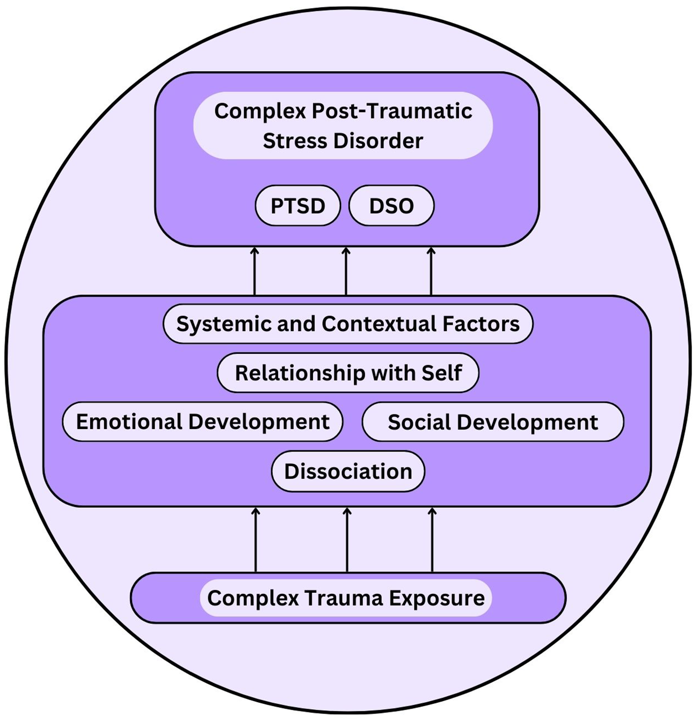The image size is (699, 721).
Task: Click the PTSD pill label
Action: tap(297, 206)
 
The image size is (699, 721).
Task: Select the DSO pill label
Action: tap(391, 206)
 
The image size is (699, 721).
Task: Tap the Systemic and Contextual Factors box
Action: tap(348, 324)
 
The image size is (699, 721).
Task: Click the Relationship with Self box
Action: tap(348, 373)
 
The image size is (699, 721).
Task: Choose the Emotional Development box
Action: tap(202, 421)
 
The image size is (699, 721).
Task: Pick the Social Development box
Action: tap(493, 422)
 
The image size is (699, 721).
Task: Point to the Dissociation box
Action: tap(348, 471)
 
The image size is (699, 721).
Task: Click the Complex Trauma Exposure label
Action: tap(346, 598)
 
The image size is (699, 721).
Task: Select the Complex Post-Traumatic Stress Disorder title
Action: tap(343, 126)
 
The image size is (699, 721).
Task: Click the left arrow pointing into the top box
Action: tap(254, 271)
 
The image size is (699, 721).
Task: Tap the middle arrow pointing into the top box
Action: tap(346, 271)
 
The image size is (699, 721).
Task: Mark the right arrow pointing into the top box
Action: tap(431, 271)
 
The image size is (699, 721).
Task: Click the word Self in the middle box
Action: tap(441, 373)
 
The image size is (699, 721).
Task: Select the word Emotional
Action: tap(129, 421)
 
